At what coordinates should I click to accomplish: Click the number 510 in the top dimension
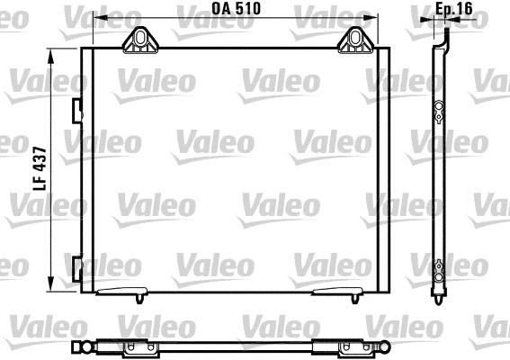[x=252, y=9]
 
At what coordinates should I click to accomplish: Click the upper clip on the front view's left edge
[x=76, y=110]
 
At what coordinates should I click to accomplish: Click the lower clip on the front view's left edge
[x=76, y=266]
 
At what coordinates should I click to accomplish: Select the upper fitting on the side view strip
[x=438, y=112]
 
